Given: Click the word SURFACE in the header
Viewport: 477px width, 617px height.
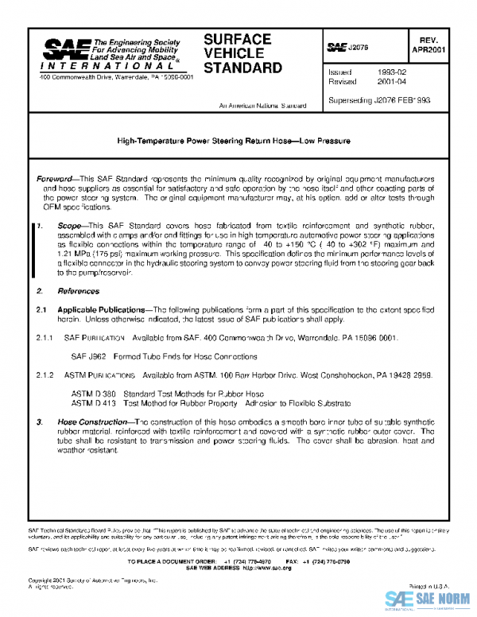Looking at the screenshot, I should (238, 39).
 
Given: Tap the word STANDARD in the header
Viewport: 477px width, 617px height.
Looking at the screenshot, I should (242, 68).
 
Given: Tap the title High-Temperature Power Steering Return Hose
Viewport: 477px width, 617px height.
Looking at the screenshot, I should (234, 141).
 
